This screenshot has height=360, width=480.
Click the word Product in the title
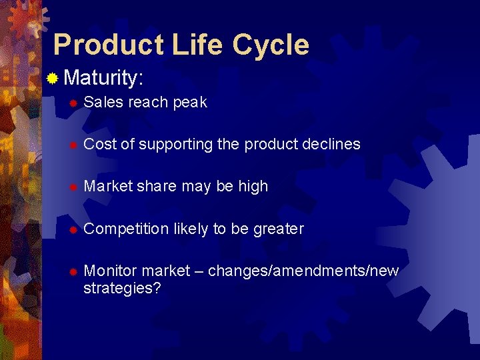tap(109, 45)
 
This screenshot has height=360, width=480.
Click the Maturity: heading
tap(104, 79)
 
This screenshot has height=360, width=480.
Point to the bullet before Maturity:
tap(53, 79)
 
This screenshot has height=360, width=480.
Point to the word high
tap(253, 187)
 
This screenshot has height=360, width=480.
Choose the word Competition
tap(127, 229)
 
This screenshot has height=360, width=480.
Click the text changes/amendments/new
tap(303, 271)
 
